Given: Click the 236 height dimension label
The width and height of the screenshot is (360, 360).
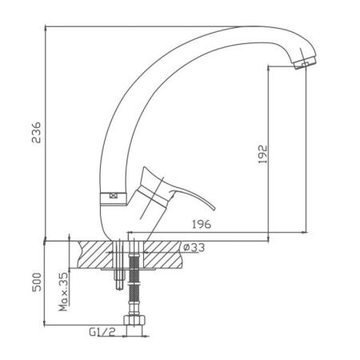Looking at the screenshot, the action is (x=36, y=133).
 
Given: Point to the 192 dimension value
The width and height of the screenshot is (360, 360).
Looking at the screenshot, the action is (x=262, y=154).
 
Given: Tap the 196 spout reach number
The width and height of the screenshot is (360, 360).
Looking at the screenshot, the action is (x=202, y=224).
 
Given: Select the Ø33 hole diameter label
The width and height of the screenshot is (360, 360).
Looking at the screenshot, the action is (x=194, y=248).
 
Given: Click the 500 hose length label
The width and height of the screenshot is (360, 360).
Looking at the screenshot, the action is (x=37, y=282).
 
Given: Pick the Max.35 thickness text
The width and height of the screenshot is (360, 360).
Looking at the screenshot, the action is (x=63, y=292).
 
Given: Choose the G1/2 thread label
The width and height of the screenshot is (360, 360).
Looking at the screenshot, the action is (x=102, y=332).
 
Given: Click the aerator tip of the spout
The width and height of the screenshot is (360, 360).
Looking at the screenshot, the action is (x=305, y=63).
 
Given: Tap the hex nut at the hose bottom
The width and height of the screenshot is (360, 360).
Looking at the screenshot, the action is (x=134, y=320).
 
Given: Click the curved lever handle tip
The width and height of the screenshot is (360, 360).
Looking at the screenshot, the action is (x=214, y=208).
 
